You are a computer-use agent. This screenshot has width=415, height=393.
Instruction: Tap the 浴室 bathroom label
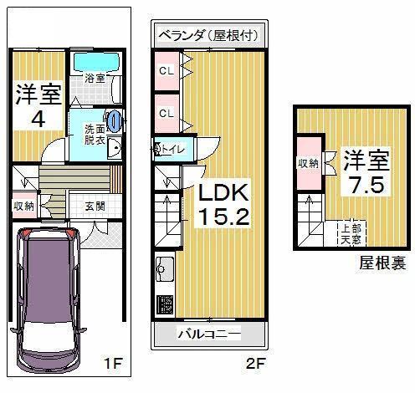point(94,79)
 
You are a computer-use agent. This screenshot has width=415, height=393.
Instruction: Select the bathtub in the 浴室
point(94,63)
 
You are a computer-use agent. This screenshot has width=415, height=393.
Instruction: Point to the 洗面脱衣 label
point(92,135)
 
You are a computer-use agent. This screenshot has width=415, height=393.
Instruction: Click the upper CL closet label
point(166,71)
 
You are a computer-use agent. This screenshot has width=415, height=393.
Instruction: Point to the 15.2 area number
point(222,220)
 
